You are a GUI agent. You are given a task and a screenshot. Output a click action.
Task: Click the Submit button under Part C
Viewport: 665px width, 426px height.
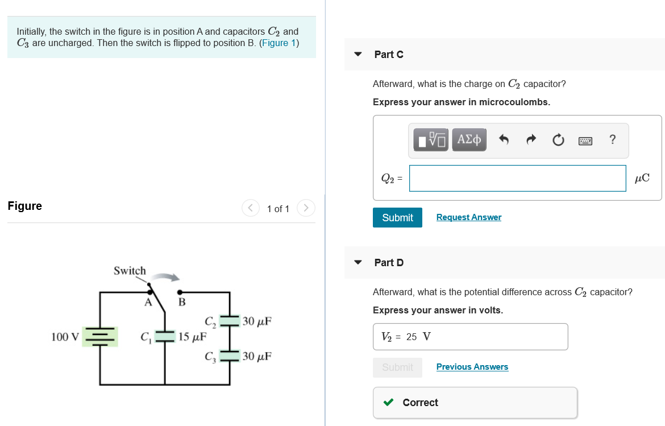pyautogui.click(x=397, y=217)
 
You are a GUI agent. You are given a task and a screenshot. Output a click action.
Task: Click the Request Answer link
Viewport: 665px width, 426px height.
pyautogui.click(x=468, y=217)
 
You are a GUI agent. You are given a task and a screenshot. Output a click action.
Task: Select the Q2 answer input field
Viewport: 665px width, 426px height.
pyautogui.click(x=517, y=179)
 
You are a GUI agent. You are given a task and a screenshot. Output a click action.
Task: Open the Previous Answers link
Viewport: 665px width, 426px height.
pyautogui.click(x=472, y=367)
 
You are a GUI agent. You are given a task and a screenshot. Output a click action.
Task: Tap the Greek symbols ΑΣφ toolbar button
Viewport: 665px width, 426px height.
pyautogui.click(x=469, y=139)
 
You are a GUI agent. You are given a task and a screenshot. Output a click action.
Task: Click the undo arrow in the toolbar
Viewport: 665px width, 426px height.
pyautogui.click(x=503, y=139)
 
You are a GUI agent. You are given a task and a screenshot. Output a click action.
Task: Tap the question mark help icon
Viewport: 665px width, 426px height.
pyautogui.click(x=612, y=139)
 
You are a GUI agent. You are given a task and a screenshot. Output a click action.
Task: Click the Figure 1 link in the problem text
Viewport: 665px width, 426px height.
pyautogui.click(x=279, y=43)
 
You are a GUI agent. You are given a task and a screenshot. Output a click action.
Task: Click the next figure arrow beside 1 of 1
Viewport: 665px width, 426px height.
pyautogui.click(x=306, y=208)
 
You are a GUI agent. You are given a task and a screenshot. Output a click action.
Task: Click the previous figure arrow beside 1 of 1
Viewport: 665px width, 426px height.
pyautogui.click(x=251, y=208)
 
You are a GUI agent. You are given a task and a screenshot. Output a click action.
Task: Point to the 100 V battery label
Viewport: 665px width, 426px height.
pyautogui.click(x=65, y=337)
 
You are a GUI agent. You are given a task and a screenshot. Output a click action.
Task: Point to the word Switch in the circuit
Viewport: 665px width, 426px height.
pyautogui.click(x=130, y=271)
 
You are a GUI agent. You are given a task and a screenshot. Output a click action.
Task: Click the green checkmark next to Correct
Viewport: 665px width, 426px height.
pyautogui.click(x=389, y=403)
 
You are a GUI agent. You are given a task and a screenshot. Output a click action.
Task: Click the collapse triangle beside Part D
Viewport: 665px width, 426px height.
pyautogui.click(x=358, y=263)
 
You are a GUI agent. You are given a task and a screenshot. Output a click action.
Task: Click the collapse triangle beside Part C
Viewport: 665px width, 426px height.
pyautogui.click(x=358, y=55)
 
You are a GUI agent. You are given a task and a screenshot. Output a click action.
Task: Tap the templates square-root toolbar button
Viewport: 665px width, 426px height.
pyautogui.click(x=431, y=139)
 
